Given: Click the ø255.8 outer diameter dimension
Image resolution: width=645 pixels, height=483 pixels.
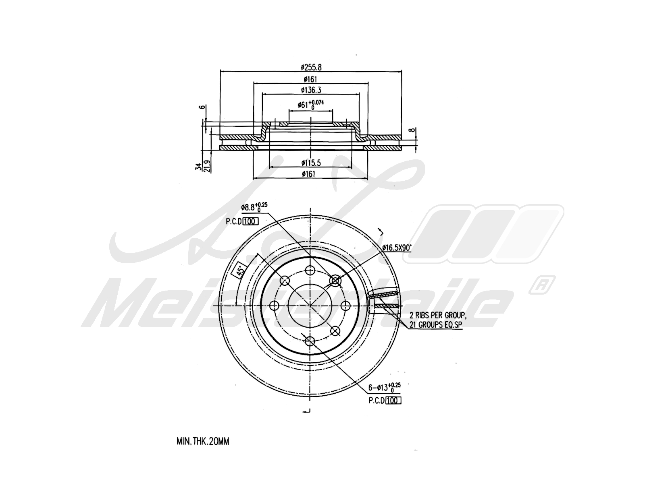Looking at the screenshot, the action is click(x=310, y=67).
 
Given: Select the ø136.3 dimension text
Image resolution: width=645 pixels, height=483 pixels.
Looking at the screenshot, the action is click(x=310, y=90).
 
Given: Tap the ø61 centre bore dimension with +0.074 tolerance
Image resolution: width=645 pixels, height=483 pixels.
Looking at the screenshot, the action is click(x=310, y=104).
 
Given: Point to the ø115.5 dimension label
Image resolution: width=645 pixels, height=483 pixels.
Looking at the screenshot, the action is click(x=310, y=163).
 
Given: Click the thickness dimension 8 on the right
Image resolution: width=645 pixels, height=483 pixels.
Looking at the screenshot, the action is click(x=412, y=130).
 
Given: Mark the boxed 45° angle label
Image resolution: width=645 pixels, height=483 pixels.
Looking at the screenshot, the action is click(x=239, y=271).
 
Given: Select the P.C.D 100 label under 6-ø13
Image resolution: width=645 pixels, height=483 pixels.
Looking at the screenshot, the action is click(x=385, y=400).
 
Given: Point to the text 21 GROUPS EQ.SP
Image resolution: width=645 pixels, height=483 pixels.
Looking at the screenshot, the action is click(x=436, y=324).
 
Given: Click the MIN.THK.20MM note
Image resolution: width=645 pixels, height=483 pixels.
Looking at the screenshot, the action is click(x=203, y=442).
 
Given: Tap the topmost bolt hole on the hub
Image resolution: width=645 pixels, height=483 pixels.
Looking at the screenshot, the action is click(x=310, y=270).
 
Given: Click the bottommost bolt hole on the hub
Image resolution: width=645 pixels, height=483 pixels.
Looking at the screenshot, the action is click(x=310, y=341).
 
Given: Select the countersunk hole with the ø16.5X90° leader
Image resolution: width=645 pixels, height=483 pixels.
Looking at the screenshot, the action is click(x=335, y=281).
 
